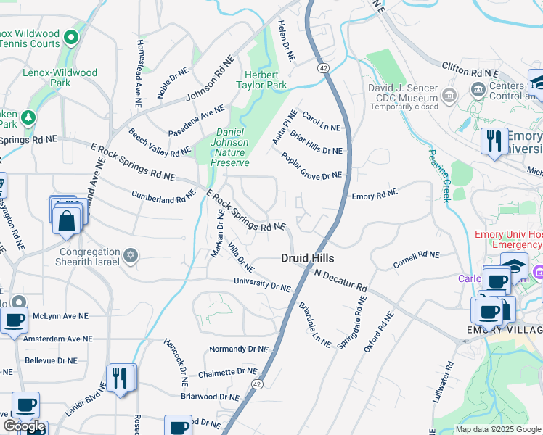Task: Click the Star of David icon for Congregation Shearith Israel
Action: point(131,254)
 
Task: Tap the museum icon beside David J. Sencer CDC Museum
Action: point(449,94)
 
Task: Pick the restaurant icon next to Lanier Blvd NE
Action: point(120,378)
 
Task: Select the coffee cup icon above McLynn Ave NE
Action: point(14,320)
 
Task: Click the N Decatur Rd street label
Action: point(341,278)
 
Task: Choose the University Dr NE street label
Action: point(261,283)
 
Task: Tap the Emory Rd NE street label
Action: point(375,194)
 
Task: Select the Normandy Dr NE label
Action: point(238,349)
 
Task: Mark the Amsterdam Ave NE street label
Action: point(57,339)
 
